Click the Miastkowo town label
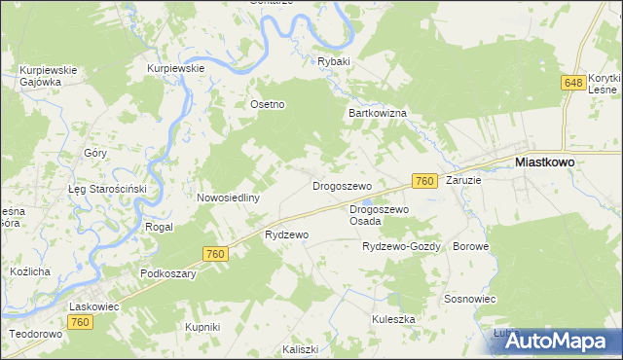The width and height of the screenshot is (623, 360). click(543, 164)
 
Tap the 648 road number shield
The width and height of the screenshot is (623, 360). click(572, 85)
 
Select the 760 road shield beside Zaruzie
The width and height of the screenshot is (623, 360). click(422, 182)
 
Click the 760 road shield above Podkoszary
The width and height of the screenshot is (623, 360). click(216, 254)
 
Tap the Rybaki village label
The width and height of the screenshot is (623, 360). click(333, 61)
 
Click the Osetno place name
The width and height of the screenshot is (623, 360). click(268, 105)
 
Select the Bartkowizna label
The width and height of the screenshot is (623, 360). click(378, 113)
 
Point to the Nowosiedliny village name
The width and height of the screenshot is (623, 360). click(228, 198)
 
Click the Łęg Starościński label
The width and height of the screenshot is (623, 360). click(106, 189)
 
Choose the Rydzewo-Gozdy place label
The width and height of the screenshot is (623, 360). click(402, 247)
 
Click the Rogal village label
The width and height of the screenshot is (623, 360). click(159, 227)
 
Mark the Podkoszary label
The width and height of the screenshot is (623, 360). click(168, 274)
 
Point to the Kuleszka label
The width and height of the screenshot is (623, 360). click(393, 319)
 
